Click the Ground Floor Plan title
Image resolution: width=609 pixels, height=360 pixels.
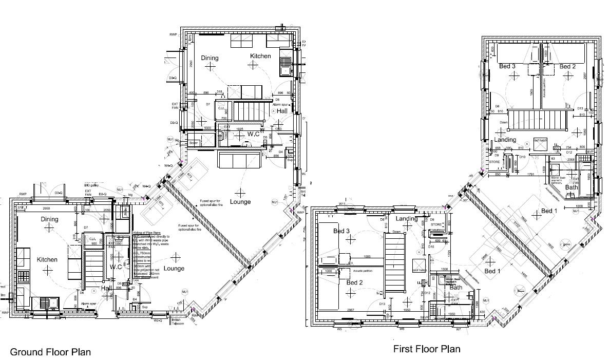click(50, 352)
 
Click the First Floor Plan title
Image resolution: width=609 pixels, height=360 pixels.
click(427, 349)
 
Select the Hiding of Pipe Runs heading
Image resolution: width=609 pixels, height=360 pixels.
click(146, 233)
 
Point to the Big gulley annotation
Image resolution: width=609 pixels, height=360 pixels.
click(91, 185)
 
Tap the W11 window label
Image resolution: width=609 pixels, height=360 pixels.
click(341, 204)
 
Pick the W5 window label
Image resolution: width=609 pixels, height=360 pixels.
click(339, 329)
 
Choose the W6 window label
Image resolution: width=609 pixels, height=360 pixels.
click(402, 329)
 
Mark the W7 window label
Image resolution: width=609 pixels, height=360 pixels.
click(459, 329)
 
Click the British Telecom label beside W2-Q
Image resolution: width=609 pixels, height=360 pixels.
click(178, 321)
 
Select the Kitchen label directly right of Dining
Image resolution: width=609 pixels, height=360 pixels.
click(260, 55)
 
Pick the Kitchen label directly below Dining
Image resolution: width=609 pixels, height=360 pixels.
click(47, 259)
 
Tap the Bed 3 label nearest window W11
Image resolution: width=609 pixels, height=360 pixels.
click(341, 231)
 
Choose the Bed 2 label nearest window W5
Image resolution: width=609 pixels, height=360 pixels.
click(354, 282)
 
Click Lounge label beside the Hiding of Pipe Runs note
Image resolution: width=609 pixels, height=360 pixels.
click(174, 268)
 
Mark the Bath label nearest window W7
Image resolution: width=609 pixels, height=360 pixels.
click(456, 287)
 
